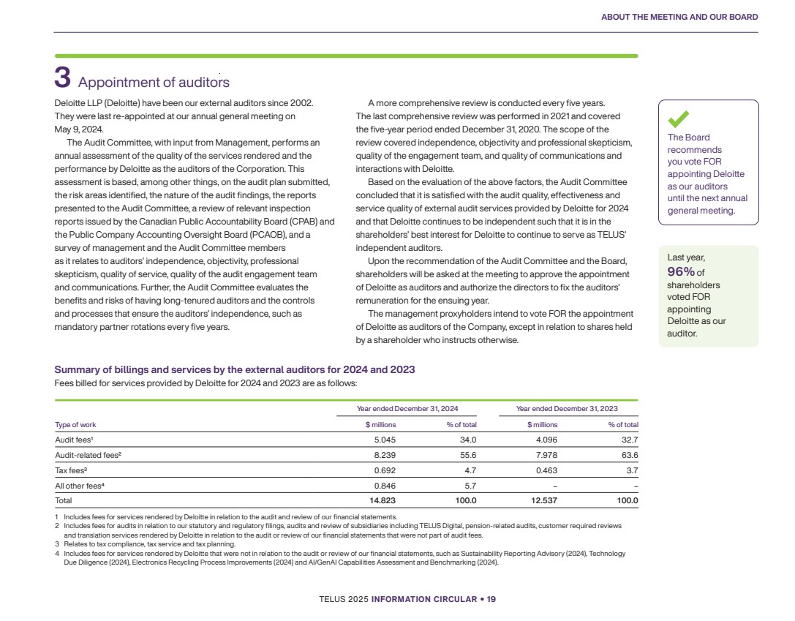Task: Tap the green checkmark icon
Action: click(x=679, y=118)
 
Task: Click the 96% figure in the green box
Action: click(x=682, y=272)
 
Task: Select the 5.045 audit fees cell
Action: click(x=385, y=440)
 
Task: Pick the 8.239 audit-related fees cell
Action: click(x=385, y=455)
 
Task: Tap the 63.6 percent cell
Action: click(x=629, y=455)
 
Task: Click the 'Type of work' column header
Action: click(x=75, y=425)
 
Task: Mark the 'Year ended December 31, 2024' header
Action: click(x=407, y=408)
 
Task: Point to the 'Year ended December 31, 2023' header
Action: click(x=567, y=408)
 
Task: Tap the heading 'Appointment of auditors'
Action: click(x=154, y=83)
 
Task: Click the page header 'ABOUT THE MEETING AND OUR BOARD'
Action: click(x=679, y=17)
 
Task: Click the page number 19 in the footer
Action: click(x=491, y=599)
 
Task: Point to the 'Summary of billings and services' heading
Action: click(x=235, y=369)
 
